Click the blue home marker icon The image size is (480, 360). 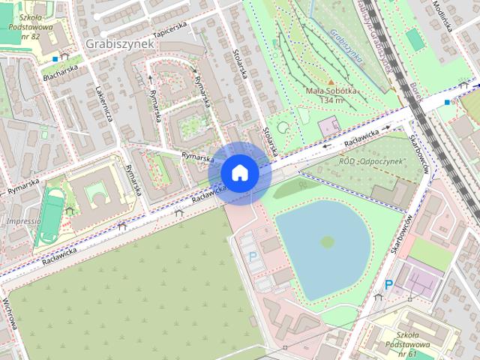(239, 172)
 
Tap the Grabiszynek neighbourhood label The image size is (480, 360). (120, 43)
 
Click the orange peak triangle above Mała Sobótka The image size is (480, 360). (331, 81)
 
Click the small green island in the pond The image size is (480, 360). (327, 241)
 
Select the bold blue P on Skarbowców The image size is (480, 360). (388, 285)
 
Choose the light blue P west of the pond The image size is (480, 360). (252, 256)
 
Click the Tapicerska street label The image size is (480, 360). (169, 29)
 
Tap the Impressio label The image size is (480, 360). (22, 222)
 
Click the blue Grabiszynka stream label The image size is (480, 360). (346, 45)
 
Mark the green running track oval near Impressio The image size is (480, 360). (53, 215)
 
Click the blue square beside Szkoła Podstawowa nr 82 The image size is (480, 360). (55, 58)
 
